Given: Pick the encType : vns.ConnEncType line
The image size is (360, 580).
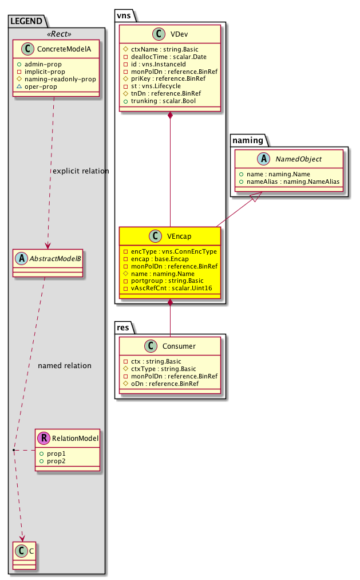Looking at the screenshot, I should [170, 251].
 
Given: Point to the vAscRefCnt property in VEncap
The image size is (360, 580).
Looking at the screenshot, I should [167, 288].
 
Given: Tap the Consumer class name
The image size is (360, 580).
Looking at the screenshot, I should [179, 346].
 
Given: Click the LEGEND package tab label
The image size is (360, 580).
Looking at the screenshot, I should [26, 21].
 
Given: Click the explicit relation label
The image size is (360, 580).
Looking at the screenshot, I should [81, 171].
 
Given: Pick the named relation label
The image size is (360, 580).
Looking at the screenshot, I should [65, 365].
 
